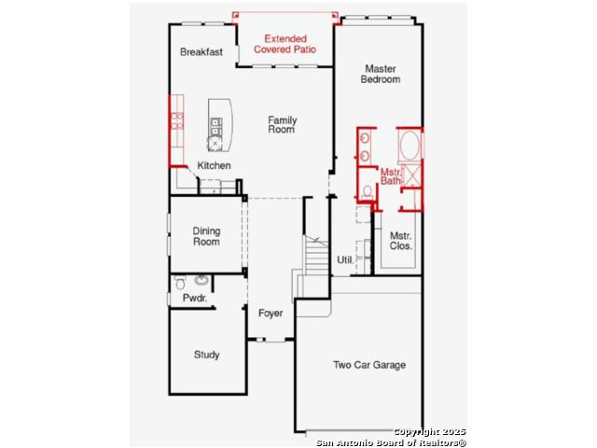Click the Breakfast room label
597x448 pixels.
click(201, 52)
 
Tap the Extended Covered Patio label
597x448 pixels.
click(285, 44)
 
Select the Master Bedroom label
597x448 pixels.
click(381, 74)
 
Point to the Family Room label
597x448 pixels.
click(282, 124)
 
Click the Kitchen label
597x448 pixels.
click(214, 166)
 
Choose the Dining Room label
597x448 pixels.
click(206, 236)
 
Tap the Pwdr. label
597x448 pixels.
click(195, 298)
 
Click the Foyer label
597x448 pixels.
click(271, 314)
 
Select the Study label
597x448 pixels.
click(207, 355)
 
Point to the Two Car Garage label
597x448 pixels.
click(369, 365)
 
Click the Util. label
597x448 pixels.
click(345, 259)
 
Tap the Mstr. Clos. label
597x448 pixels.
click(400, 241)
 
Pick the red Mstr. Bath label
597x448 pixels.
click(391, 176)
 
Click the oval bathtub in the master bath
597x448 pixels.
click(410, 146)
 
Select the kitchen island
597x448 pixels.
click(220, 125)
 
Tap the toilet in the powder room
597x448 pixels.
click(180, 282)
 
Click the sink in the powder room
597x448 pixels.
click(201, 280)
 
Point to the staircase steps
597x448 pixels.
click(316, 255)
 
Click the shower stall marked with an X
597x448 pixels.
click(411, 176)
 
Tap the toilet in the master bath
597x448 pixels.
click(367, 191)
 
